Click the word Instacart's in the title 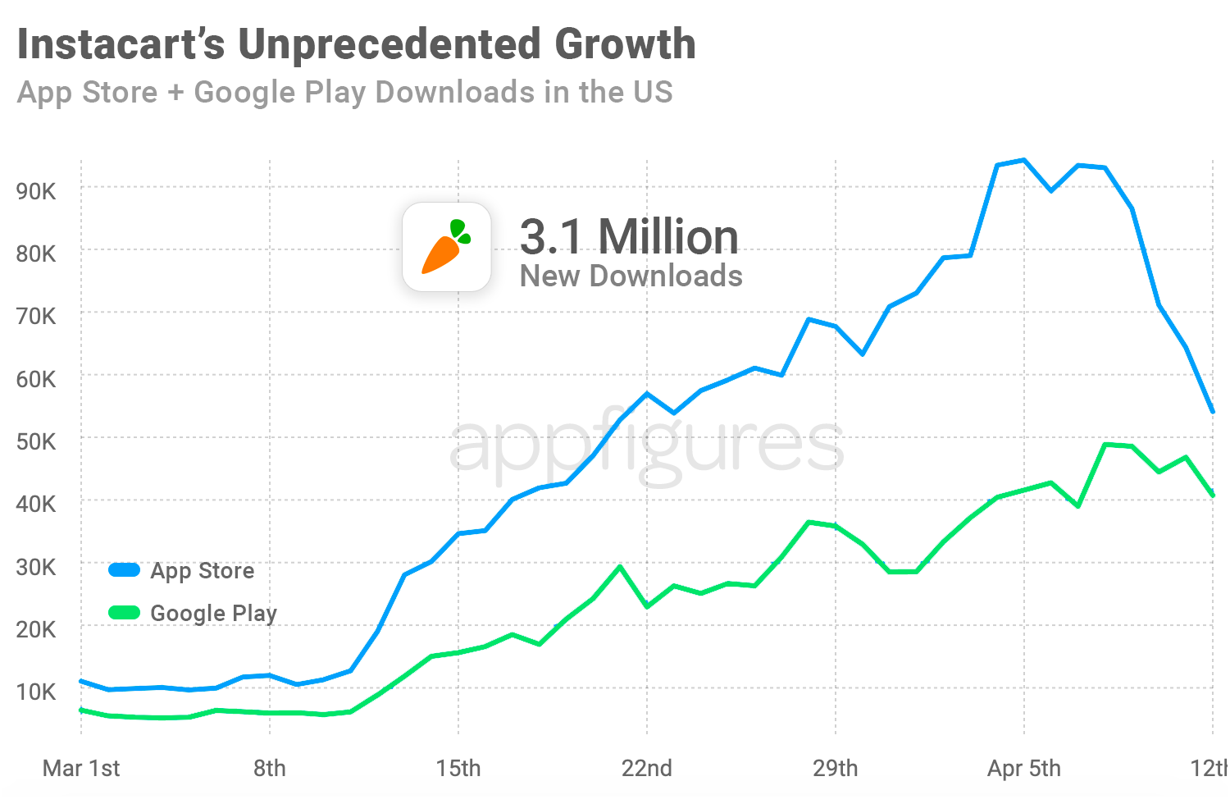click(x=121, y=44)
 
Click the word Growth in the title click(x=625, y=44)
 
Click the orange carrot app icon click(x=446, y=247)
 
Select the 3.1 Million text click(x=629, y=236)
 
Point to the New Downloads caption click(x=631, y=276)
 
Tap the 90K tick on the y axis click(x=36, y=191)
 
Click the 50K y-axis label click(x=36, y=441)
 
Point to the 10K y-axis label click(x=36, y=692)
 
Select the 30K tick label click(x=36, y=567)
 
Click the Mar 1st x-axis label click(x=81, y=769)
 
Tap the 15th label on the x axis click(x=458, y=769)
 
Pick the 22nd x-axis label click(x=647, y=769)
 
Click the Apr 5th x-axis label click(x=1023, y=769)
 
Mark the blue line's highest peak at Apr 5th click(x=1023, y=160)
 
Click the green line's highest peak click(x=1105, y=445)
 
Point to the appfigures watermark click(x=647, y=447)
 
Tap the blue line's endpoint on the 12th click(x=1213, y=412)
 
